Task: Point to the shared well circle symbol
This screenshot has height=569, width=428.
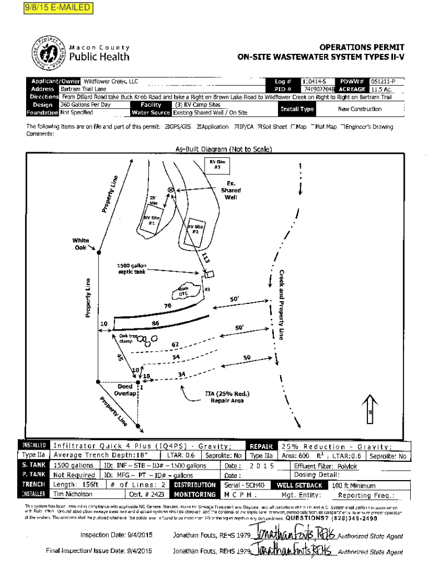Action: click(x=171, y=190)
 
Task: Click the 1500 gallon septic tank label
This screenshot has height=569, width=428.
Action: click(x=131, y=269)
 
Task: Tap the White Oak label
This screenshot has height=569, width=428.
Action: click(x=80, y=244)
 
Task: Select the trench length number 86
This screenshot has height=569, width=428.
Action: click(x=156, y=323)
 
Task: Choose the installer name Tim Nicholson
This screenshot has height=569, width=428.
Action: click(x=73, y=494)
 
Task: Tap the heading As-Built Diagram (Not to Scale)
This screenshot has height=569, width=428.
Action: click(x=223, y=149)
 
